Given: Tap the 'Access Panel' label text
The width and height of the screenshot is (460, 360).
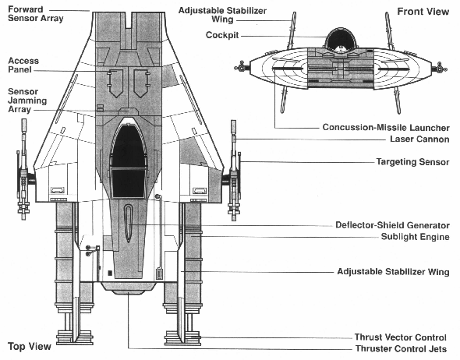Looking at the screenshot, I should tap(24, 65).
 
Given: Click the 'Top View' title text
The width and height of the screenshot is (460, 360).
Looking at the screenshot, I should tap(30, 345).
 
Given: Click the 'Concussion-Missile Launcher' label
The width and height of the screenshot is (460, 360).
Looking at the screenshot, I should tap(385, 127).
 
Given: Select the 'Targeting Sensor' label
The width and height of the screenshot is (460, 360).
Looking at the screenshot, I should tap(412, 162).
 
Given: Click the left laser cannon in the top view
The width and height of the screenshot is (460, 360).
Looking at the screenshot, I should tap(23, 168).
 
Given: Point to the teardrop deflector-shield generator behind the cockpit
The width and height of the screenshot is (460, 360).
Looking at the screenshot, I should tap(129, 222).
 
